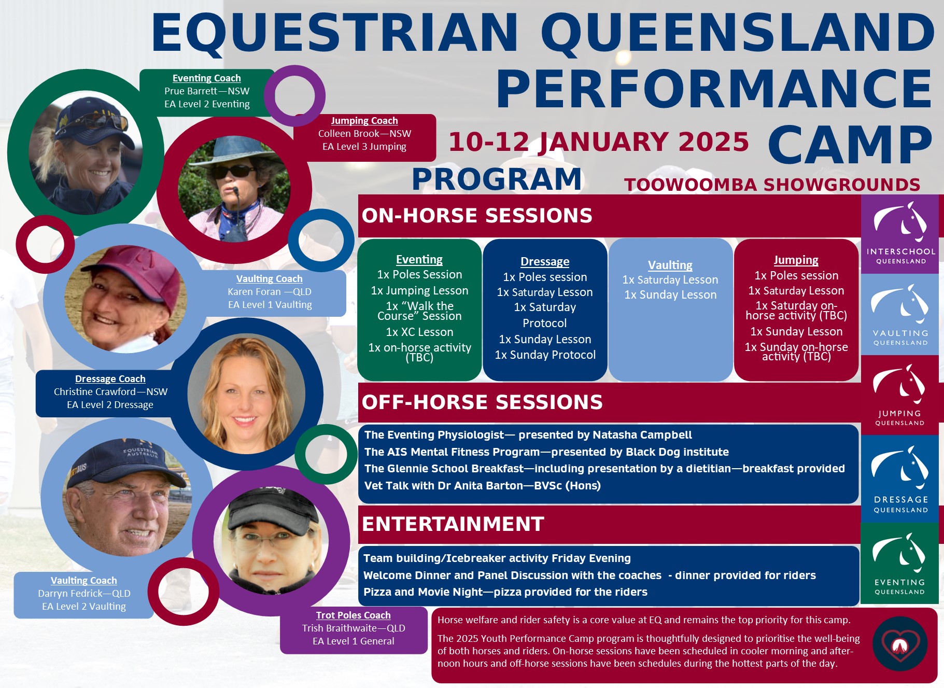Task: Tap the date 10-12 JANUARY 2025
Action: point(599,142)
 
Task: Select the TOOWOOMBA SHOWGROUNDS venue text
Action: point(772,185)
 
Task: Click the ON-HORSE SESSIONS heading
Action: point(477,215)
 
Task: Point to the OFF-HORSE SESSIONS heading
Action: point(482,402)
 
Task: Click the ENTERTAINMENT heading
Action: point(453,524)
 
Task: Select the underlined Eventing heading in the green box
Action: point(419,259)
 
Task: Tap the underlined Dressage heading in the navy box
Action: point(545,261)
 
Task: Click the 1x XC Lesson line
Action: point(419,332)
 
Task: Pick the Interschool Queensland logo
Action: point(900,234)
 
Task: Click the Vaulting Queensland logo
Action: point(900,315)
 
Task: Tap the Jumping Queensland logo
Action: point(900,395)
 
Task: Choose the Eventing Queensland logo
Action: point(900,563)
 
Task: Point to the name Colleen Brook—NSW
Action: point(364,133)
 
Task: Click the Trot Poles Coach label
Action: point(354,615)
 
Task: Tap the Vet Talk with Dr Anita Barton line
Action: point(483,485)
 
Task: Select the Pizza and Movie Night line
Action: point(505,592)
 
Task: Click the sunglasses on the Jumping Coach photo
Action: point(233,172)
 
